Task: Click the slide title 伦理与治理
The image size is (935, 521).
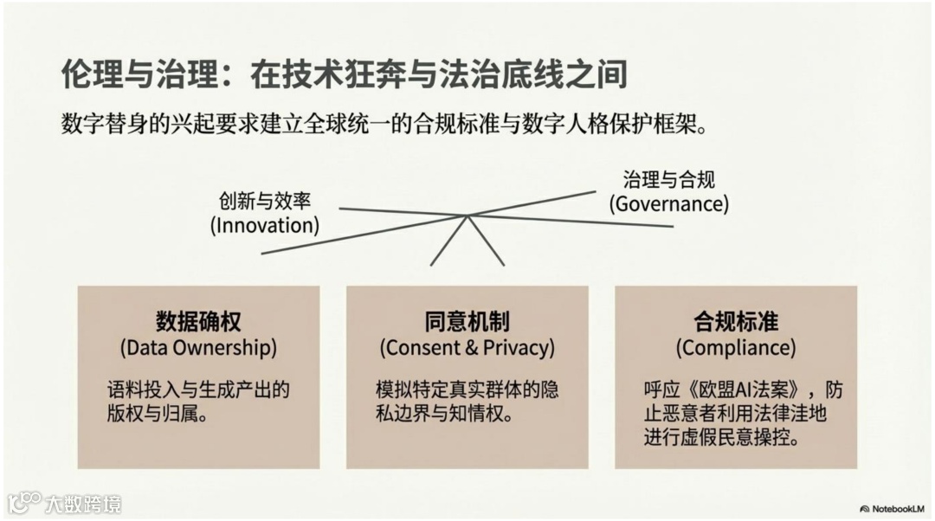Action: coord(139,74)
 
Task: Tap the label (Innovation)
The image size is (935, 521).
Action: coord(265,226)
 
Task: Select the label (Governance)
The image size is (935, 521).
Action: coord(668,203)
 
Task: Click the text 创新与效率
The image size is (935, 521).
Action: coord(265,202)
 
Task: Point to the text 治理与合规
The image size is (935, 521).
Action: coord(668,180)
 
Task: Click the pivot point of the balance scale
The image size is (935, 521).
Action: coord(467,215)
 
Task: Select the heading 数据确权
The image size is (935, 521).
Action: coord(198,322)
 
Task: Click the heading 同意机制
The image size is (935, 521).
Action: coord(467,322)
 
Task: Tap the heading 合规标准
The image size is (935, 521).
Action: coord(736,322)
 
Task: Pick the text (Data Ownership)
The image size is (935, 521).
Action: coord(198,348)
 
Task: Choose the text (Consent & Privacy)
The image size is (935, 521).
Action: coord(467,348)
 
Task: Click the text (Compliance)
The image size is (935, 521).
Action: coord(736,348)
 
